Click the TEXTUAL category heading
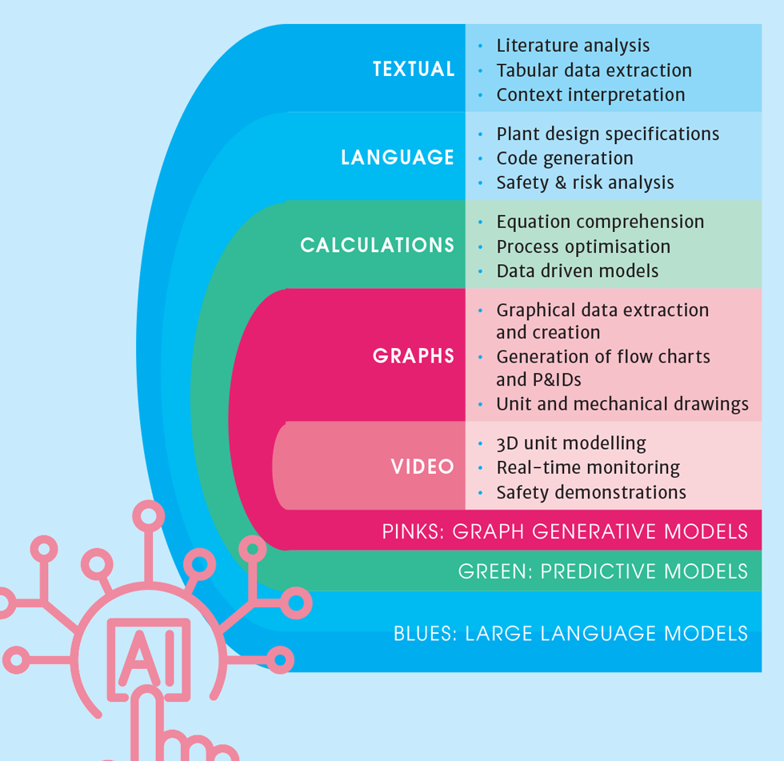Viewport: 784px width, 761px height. tap(414, 69)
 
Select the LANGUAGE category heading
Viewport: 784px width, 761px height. tap(398, 157)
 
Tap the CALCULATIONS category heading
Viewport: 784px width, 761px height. tap(378, 245)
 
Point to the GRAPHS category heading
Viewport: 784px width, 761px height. tap(414, 356)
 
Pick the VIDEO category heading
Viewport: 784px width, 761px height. tap(422, 467)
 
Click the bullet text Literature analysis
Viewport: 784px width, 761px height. tap(573, 46)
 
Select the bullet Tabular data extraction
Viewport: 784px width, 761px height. tap(594, 70)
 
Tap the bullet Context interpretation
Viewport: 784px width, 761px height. tap(590, 94)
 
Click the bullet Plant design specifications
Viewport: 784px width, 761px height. tap(607, 134)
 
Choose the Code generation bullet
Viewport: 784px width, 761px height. tap(565, 158)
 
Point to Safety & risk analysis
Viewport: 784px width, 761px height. tap(585, 182)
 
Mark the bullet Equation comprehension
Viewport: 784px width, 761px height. tap(600, 222)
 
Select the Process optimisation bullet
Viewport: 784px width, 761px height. tap(583, 246)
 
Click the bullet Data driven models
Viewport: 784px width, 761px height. tap(577, 270)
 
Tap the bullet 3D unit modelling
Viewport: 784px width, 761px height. tap(570, 443)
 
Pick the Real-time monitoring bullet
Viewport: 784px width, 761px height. tap(587, 467)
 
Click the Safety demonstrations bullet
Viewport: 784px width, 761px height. tap(590, 492)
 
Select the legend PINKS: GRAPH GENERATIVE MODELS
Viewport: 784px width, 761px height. tap(565, 531)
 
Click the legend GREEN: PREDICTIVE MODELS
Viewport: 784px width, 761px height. tap(602, 571)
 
